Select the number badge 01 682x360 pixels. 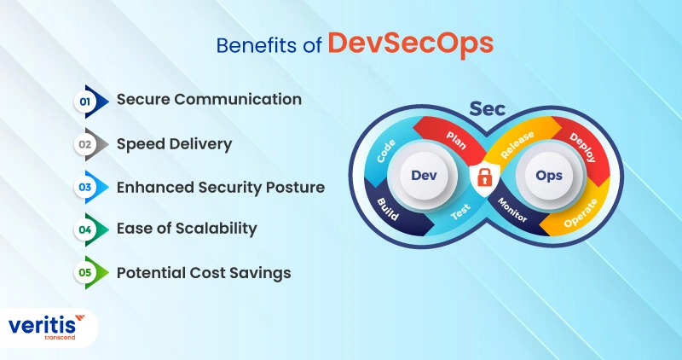pyautogui.click(x=85, y=101)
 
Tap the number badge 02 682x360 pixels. pyautogui.click(x=85, y=144)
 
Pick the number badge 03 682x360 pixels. pyautogui.click(x=85, y=187)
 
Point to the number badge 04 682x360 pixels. pyautogui.click(x=85, y=229)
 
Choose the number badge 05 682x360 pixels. pyautogui.click(x=85, y=273)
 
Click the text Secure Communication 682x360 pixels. pyautogui.click(x=209, y=100)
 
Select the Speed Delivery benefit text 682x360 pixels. pyautogui.click(x=174, y=144)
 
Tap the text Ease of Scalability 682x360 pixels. pyautogui.click(x=186, y=229)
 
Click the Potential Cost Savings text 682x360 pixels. pyautogui.click(x=204, y=273)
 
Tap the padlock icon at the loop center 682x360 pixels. pyautogui.click(x=483, y=178)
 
